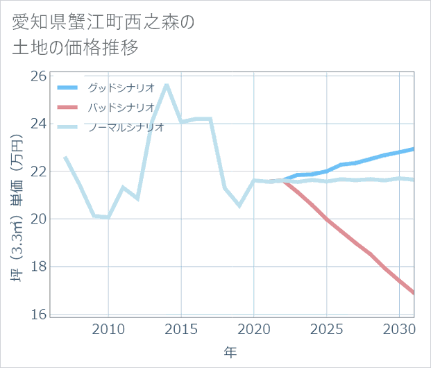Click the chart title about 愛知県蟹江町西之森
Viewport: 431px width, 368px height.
[x=104, y=35]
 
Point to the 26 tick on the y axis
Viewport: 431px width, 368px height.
[x=39, y=76]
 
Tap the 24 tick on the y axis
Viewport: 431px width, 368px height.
[x=39, y=124]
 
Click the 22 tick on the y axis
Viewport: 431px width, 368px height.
[x=39, y=172]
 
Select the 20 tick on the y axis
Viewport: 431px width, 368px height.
[x=39, y=219]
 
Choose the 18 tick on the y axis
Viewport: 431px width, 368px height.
[x=39, y=267]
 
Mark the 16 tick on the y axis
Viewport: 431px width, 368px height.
[x=39, y=315]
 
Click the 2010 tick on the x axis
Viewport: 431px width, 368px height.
[x=108, y=328]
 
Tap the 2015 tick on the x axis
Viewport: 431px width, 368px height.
[x=181, y=328]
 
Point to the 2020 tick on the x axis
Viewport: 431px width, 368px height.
[x=254, y=328]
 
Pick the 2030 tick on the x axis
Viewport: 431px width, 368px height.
[x=399, y=328]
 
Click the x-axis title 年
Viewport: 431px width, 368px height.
[x=230, y=352]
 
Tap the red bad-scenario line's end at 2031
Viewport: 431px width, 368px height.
[x=414, y=293]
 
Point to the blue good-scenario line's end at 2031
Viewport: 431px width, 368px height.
[x=414, y=149]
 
